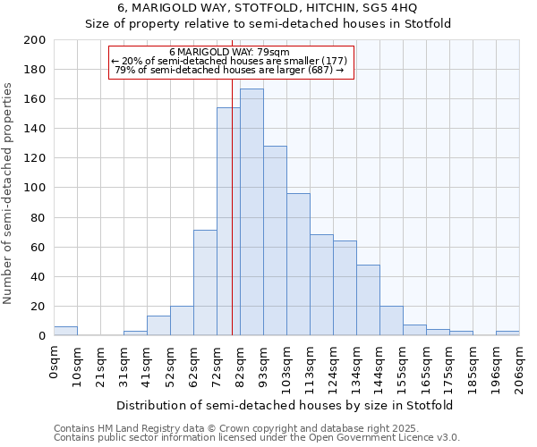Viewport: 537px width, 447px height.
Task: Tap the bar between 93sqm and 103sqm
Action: (275, 240)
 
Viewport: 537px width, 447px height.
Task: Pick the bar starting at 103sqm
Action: (298, 265)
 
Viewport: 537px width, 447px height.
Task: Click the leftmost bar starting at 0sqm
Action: (65, 331)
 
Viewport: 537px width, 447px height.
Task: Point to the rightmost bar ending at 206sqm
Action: (507, 333)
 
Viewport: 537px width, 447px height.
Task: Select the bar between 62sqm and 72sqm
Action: (205, 283)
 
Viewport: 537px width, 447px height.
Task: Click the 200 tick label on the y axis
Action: (35, 40)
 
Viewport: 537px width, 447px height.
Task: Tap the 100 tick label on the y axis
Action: (35, 188)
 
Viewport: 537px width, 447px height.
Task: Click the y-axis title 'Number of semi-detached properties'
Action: (9, 193)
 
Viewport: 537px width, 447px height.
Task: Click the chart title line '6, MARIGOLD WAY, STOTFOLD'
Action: (268, 9)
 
